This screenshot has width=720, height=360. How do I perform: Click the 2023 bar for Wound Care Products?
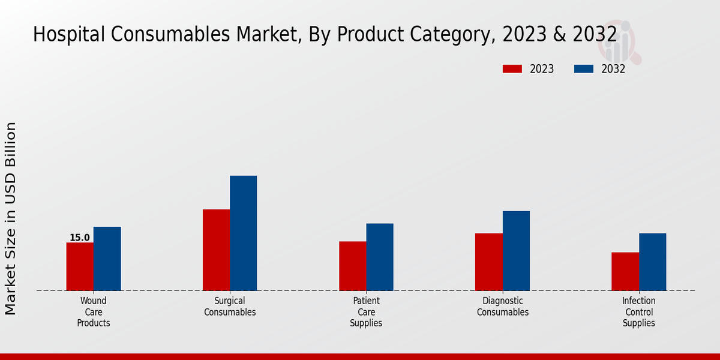point(80,266)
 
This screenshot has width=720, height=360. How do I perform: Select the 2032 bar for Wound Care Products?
point(107,259)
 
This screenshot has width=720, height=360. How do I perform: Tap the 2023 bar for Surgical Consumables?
point(216,250)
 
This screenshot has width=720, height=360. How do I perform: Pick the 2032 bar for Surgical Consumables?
point(243,233)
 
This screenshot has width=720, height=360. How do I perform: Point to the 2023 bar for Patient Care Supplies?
point(352,266)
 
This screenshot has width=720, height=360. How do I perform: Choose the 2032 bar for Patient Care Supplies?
point(380,257)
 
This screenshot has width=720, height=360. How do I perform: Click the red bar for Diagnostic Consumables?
point(488,262)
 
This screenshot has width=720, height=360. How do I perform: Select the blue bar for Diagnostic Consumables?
point(516,251)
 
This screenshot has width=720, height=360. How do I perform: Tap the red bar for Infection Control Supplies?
point(625,271)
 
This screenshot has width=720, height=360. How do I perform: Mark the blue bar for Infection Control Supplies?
point(652,262)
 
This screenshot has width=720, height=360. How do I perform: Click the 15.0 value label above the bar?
point(79,238)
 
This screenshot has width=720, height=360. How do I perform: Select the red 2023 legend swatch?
point(512,69)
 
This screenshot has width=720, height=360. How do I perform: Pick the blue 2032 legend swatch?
point(583,69)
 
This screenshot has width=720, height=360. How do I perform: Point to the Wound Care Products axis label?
point(94,312)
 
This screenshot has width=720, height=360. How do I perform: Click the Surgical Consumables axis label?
point(230,307)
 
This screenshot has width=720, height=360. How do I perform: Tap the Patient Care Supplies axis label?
point(366,312)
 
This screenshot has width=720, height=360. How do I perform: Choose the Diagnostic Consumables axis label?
point(503,307)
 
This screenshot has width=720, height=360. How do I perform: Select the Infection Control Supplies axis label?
point(638,312)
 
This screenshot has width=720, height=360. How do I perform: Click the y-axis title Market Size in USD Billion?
point(11,218)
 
